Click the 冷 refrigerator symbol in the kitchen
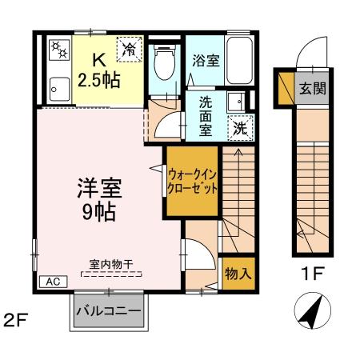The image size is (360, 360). pyautogui.click(x=130, y=50)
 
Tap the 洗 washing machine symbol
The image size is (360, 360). pyautogui.click(x=240, y=126)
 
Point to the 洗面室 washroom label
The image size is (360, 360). pyautogui.click(x=206, y=114)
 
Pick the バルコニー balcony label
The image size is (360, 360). pyautogui.click(x=108, y=310)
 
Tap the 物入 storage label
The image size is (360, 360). pyautogui.click(x=238, y=273)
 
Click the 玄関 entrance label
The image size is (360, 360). pyautogui.click(x=313, y=88)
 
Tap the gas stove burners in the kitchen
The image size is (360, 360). pyautogui.click(x=58, y=50)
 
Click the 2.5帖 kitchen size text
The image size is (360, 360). pyautogui.click(x=99, y=79)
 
